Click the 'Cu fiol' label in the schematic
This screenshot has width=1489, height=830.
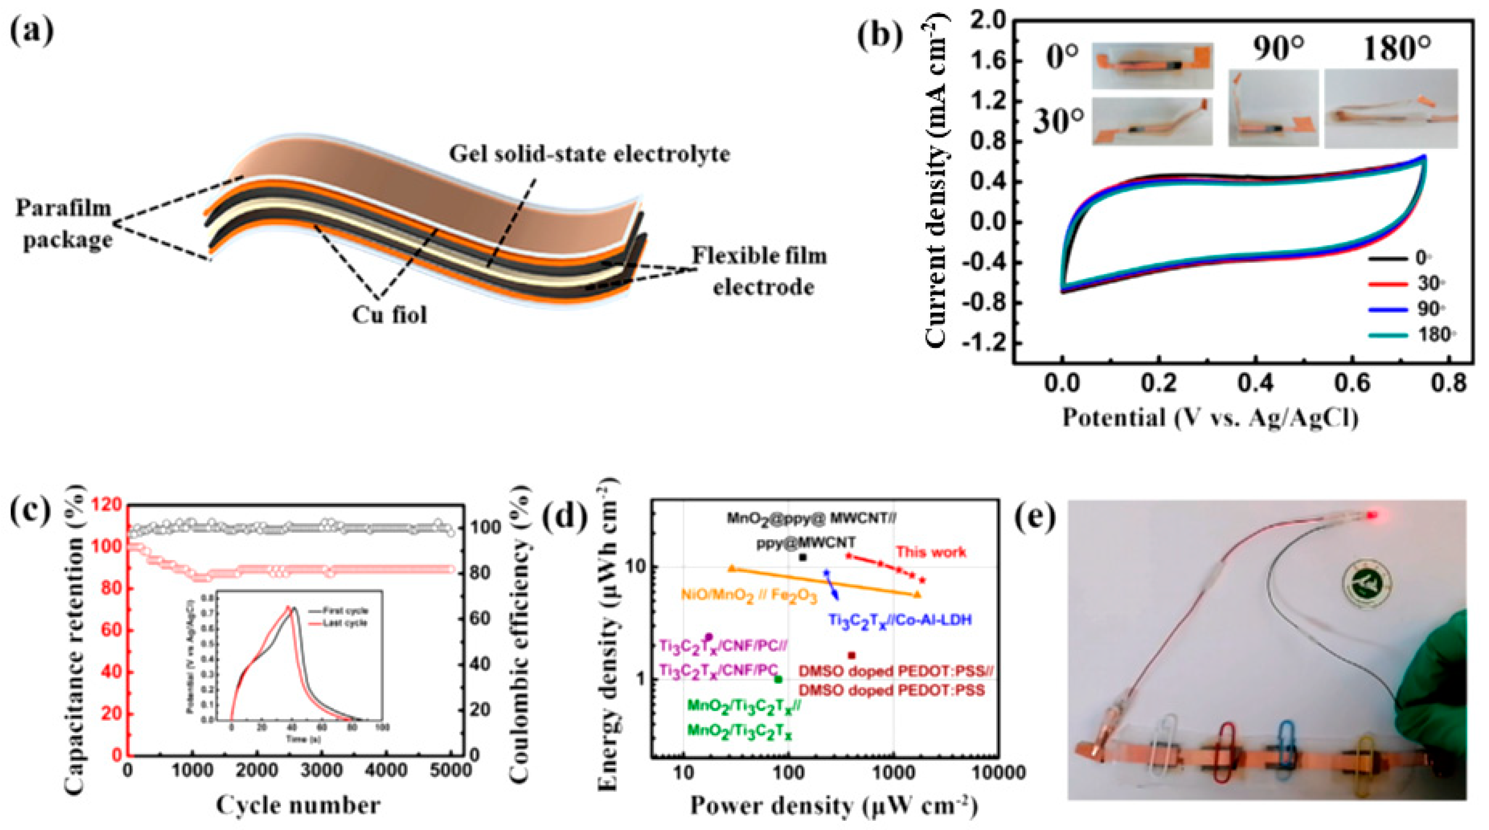click(390, 315)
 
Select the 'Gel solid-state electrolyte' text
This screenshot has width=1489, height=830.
click(590, 154)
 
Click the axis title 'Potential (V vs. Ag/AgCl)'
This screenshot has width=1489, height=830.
click(1210, 417)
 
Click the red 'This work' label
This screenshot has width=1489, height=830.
click(931, 551)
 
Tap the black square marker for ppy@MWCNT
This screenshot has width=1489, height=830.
click(802, 557)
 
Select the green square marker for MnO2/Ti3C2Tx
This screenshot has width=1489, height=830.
click(778, 680)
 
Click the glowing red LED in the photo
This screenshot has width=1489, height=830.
click(1371, 514)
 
